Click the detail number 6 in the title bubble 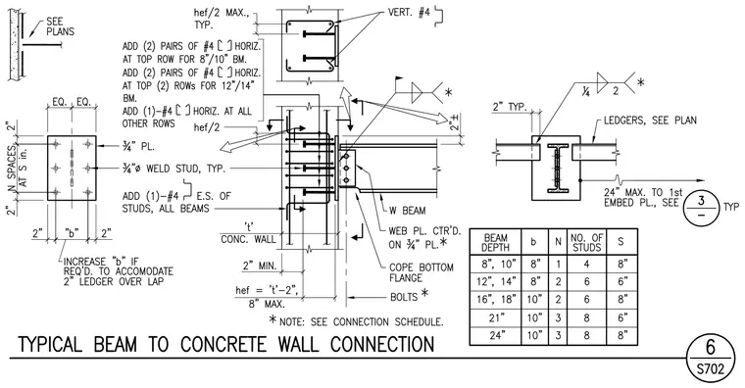pos(711,346)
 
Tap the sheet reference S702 pos(711,368)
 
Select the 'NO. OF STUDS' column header pos(587,242)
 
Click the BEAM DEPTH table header pos(496,242)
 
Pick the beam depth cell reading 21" pos(495,317)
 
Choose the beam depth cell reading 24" pos(495,335)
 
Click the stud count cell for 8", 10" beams pos(587,264)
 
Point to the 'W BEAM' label pos(408,211)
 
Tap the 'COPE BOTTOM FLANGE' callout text pos(422,272)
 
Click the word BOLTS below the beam pos(404,297)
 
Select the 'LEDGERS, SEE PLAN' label pos(650,121)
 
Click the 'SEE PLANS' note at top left pos(61,26)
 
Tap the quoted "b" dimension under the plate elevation pos(72,233)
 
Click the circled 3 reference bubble pos(701,208)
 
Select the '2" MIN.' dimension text pos(260,266)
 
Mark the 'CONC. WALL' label pos(248,239)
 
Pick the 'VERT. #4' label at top pos(409,13)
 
